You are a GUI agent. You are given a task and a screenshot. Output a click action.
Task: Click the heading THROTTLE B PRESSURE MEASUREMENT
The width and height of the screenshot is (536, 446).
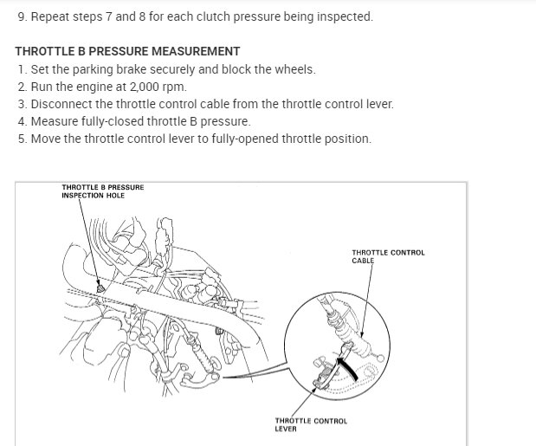[127, 52]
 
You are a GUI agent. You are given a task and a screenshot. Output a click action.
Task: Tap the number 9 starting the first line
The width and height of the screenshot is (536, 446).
[21, 16]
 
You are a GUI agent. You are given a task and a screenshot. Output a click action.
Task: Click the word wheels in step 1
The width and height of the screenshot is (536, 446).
[295, 69]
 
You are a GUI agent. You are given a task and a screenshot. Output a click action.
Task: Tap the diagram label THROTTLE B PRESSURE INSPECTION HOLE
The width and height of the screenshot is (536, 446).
[102, 191]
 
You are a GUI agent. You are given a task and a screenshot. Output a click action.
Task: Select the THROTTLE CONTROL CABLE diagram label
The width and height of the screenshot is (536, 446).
[388, 256]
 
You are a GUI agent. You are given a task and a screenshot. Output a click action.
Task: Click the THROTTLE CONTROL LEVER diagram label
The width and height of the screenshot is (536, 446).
[311, 424]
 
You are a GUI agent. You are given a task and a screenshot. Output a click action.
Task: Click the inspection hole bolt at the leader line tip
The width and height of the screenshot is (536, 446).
[101, 288]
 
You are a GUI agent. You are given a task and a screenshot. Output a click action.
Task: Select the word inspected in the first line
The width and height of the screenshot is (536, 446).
[343, 16]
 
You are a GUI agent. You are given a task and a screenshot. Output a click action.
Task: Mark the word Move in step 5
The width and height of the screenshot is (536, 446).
[46, 139]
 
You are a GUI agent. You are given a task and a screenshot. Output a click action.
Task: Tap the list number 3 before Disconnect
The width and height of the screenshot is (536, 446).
[22, 104]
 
